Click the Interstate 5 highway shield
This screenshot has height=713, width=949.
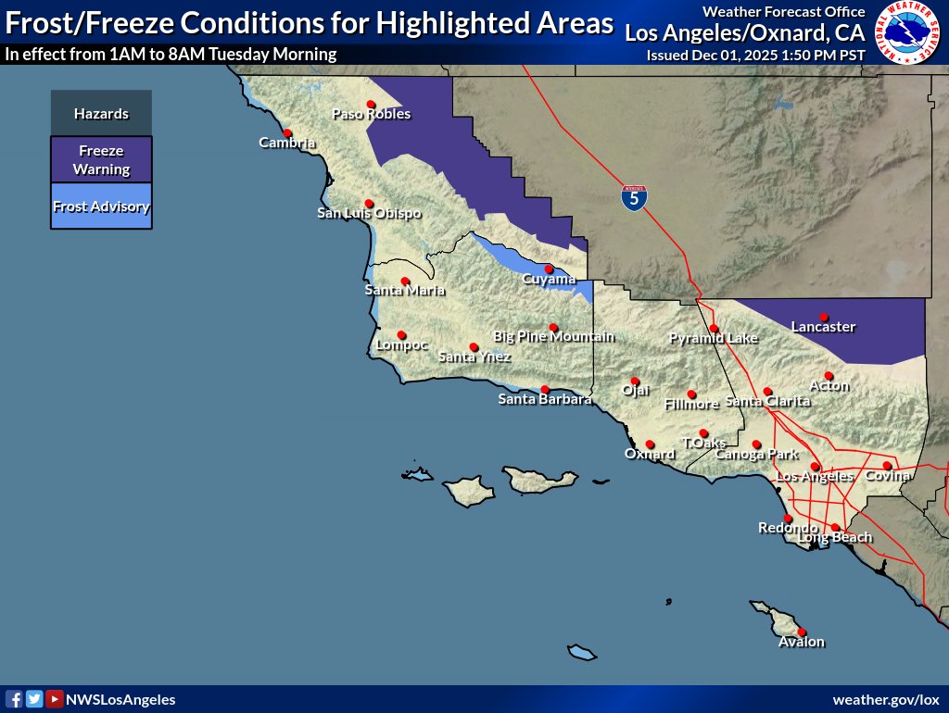pos(634,197)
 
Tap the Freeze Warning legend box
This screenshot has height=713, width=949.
pos(101,160)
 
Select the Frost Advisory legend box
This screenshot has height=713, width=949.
pos(101,206)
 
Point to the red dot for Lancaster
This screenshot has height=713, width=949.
pos(824,317)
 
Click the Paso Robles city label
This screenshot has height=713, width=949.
pos(371,114)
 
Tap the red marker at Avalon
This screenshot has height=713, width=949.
pos(802,632)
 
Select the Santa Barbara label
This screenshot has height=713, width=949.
pos(545,400)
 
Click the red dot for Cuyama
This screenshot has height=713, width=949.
pos(549,269)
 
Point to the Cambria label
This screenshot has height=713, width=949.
pos(287,143)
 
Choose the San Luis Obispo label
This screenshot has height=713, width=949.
pos(369,214)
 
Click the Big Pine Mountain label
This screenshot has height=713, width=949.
pos(553,337)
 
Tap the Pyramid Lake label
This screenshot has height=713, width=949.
pos(714,339)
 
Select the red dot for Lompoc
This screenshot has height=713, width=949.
pos(401,335)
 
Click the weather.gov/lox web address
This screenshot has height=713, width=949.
pos(885,700)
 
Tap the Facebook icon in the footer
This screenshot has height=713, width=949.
pos(15,700)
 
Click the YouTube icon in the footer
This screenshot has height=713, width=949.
pos(55,700)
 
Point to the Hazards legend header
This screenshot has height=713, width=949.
pos(101,114)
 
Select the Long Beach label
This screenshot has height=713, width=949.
pos(835,538)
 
